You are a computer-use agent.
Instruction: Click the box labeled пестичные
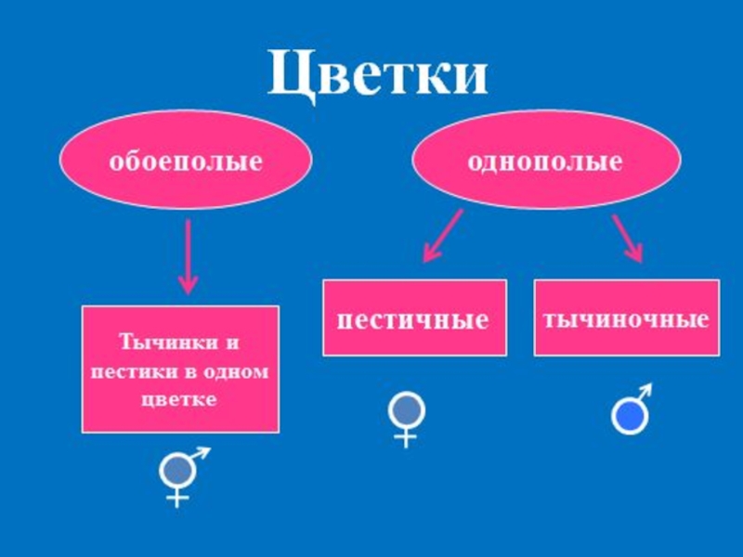414,318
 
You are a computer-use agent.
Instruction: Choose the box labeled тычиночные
626,318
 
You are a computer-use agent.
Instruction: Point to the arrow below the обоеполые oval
189,255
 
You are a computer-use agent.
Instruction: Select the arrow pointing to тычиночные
628,237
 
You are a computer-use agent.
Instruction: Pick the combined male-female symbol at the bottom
180,475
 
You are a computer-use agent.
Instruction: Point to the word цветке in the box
180,399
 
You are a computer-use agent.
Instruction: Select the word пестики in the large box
124,371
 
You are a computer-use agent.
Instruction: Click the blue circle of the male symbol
628,415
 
